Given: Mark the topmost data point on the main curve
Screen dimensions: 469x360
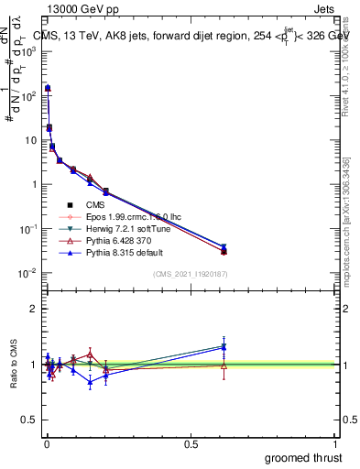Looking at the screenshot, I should click(x=48, y=88).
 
